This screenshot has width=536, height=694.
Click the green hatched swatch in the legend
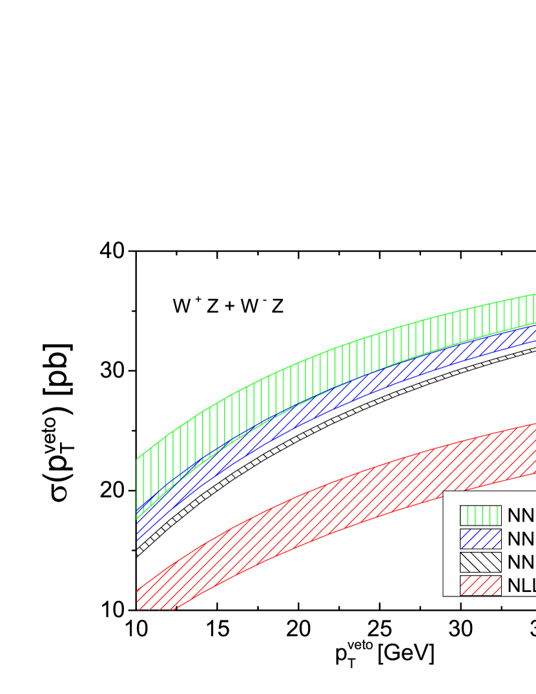click(x=480, y=515)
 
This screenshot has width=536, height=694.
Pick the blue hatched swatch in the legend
click(x=480, y=538)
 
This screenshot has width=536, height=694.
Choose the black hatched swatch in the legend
click(x=480, y=562)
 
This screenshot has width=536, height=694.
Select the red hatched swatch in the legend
click(x=480, y=585)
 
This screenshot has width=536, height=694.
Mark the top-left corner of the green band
click(x=137, y=458)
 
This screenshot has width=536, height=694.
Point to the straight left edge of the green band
click(x=137, y=487)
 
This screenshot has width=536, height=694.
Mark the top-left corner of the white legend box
click(x=444, y=492)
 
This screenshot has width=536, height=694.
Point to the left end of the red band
click(x=138, y=599)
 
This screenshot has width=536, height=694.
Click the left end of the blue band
click(x=138, y=526)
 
